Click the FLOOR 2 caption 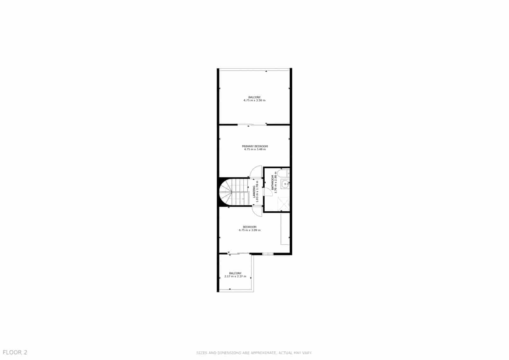15,352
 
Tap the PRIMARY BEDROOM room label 255,146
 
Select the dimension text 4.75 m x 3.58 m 254,100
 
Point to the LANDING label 254,192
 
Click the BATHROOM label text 272,183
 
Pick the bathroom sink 285,184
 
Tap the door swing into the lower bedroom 257,210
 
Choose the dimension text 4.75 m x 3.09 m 249,230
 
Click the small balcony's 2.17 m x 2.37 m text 235,276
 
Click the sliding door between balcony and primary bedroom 252,124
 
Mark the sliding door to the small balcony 239,253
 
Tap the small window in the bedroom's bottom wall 268,254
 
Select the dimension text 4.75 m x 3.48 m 255,149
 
